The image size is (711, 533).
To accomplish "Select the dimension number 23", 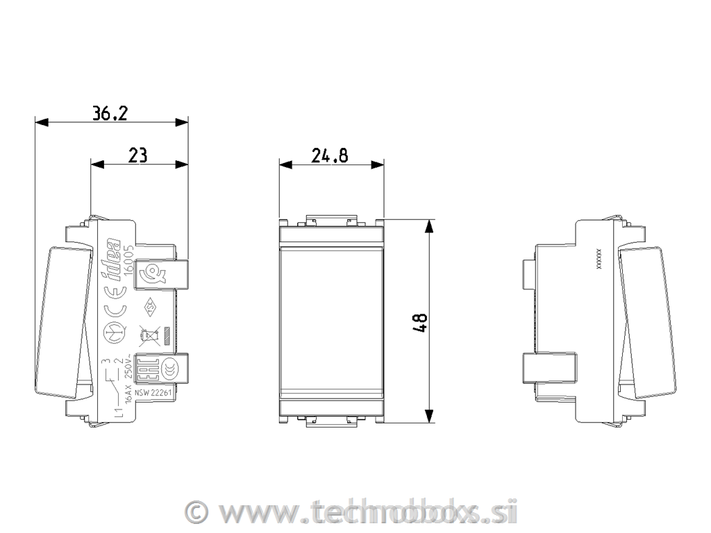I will point(138,155).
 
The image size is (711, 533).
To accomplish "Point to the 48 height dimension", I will point(419,323).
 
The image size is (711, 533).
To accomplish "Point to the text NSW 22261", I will point(152,393).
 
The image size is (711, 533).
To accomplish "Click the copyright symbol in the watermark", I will point(198,513).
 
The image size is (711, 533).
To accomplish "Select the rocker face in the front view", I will point(331,322).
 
